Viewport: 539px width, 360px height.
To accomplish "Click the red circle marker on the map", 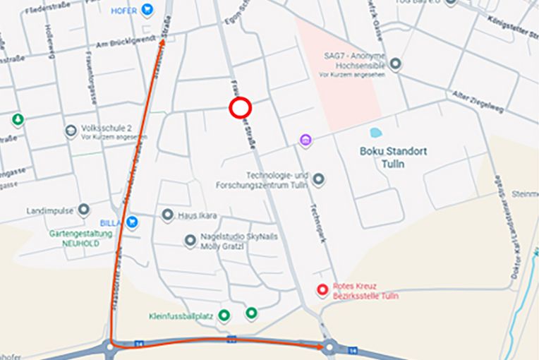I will point(241,108).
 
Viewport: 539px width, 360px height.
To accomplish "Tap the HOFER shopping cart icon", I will point(147,10).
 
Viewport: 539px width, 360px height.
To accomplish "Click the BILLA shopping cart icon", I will point(132,222).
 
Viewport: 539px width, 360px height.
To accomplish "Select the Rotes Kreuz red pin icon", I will point(322,289).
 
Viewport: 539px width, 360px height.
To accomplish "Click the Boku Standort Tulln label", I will point(393,156).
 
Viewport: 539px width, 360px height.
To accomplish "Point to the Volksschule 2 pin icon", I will point(71,131).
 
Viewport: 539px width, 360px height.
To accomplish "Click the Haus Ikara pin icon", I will point(167,215).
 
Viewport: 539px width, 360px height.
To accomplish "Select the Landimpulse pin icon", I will point(84,210).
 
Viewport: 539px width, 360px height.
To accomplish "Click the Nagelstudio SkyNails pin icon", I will point(190,241).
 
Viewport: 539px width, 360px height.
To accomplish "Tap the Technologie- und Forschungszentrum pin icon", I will point(318,179).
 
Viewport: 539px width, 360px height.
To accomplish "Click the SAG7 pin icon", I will point(396,64).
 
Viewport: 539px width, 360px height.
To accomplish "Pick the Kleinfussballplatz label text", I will point(181,316).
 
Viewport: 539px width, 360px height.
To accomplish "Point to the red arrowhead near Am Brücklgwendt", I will point(163,42).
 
